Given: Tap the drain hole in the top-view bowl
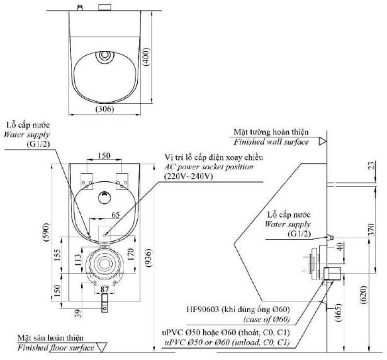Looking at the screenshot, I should pos(104,56).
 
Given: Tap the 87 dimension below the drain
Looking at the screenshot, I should pos(105,290).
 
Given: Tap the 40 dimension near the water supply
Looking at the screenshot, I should pos(340,246).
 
